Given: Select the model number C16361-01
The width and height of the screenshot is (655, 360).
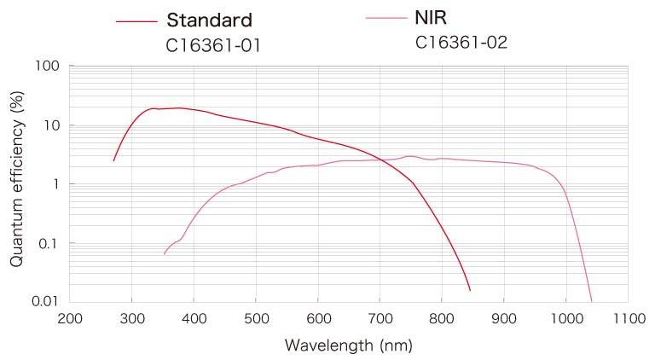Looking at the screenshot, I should [x=213, y=45].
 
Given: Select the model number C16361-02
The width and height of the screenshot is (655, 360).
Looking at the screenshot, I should [x=461, y=42].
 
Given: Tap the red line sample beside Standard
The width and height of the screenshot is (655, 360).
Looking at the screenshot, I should [x=136, y=21].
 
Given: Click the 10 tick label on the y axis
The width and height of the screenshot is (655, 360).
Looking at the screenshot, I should [x=50, y=125].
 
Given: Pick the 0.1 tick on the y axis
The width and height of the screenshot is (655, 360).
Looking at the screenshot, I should [x=48, y=243].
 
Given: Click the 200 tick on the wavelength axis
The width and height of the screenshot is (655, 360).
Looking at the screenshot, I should [x=69, y=319].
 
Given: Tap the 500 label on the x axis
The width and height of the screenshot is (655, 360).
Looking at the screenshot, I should [x=255, y=319].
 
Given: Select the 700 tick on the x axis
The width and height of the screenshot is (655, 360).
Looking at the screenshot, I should [x=380, y=319].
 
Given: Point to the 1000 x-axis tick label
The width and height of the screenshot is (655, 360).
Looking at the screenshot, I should [x=565, y=319].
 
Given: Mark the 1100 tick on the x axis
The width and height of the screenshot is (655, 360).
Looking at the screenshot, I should [x=628, y=319].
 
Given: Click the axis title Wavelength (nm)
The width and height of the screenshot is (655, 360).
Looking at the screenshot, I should [x=348, y=346].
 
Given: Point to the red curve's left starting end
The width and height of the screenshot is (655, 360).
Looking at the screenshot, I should [x=113, y=160].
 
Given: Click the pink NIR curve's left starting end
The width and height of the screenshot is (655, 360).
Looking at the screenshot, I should [x=164, y=254].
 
